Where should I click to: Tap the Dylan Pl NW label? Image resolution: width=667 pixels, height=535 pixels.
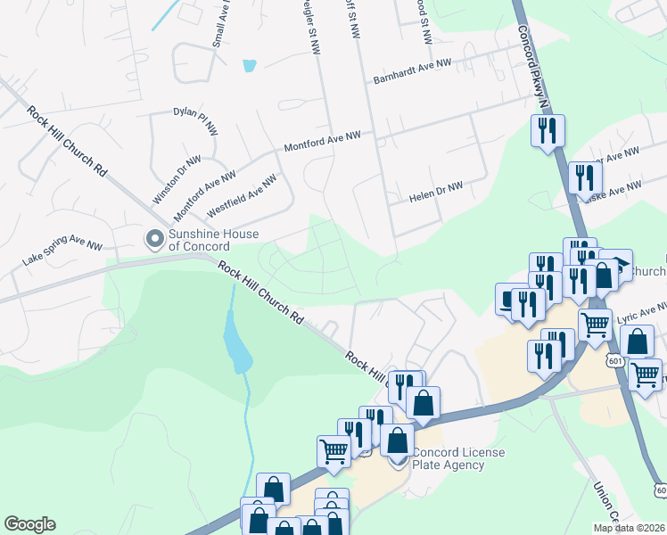pos(195,122)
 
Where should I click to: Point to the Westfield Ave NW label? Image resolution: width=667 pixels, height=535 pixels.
pos(242,195)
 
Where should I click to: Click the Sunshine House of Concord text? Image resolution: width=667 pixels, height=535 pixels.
pos(214,240)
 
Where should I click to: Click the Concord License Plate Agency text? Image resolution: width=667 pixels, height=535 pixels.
pos(460,458)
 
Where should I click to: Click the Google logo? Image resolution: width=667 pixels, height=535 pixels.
pos(29,524)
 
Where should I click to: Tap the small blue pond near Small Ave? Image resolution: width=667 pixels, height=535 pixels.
pos(249,65)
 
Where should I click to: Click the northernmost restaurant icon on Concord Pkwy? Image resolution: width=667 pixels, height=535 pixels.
pos(548,130)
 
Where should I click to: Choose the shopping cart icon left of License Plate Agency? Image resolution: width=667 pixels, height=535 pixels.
pos(334,449)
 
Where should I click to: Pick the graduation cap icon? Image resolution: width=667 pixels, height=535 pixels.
pos(616,264)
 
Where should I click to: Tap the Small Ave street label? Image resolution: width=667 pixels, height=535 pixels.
pos(217,25)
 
